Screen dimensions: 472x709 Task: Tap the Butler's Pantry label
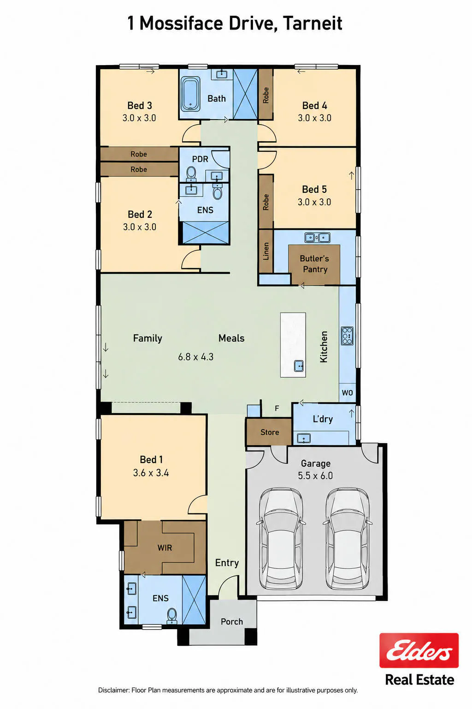coord(314,264)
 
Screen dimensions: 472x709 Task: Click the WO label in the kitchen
coord(347,392)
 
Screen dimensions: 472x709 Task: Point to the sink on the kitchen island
coord(299,366)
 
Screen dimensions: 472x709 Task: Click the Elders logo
coord(419,650)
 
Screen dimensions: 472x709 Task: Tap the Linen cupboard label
coord(266,251)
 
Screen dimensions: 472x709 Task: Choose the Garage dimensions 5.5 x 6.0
coord(315,475)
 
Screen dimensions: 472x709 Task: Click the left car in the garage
coord(281,538)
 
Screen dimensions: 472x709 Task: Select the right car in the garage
coord(347,538)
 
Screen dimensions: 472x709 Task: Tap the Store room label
coord(270,432)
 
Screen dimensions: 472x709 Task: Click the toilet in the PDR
coord(191,174)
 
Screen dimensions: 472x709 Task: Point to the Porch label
coord(232,621)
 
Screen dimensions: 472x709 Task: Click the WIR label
coord(165,547)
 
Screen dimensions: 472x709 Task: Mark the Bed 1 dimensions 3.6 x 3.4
coord(151,473)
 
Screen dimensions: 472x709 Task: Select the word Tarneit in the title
coord(313,24)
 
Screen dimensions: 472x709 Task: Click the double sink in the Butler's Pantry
coord(318,237)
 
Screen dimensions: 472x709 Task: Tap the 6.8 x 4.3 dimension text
coord(196,357)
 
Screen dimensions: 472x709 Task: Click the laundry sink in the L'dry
coord(303,438)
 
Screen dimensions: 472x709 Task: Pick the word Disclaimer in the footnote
coord(114,690)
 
